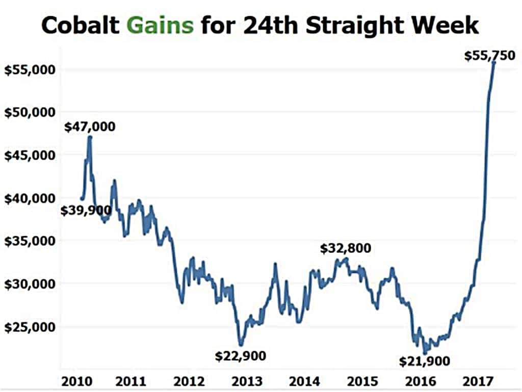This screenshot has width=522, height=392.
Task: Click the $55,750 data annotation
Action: (x=490, y=56)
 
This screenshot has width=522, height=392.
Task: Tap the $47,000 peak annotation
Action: (x=90, y=126)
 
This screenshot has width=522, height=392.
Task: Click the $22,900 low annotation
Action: (x=241, y=355)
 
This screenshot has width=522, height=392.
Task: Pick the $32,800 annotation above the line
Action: (x=346, y=248)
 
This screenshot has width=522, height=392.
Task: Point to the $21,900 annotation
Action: (x=425, y=361)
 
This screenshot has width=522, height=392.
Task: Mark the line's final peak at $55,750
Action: (x=493, y=62)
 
